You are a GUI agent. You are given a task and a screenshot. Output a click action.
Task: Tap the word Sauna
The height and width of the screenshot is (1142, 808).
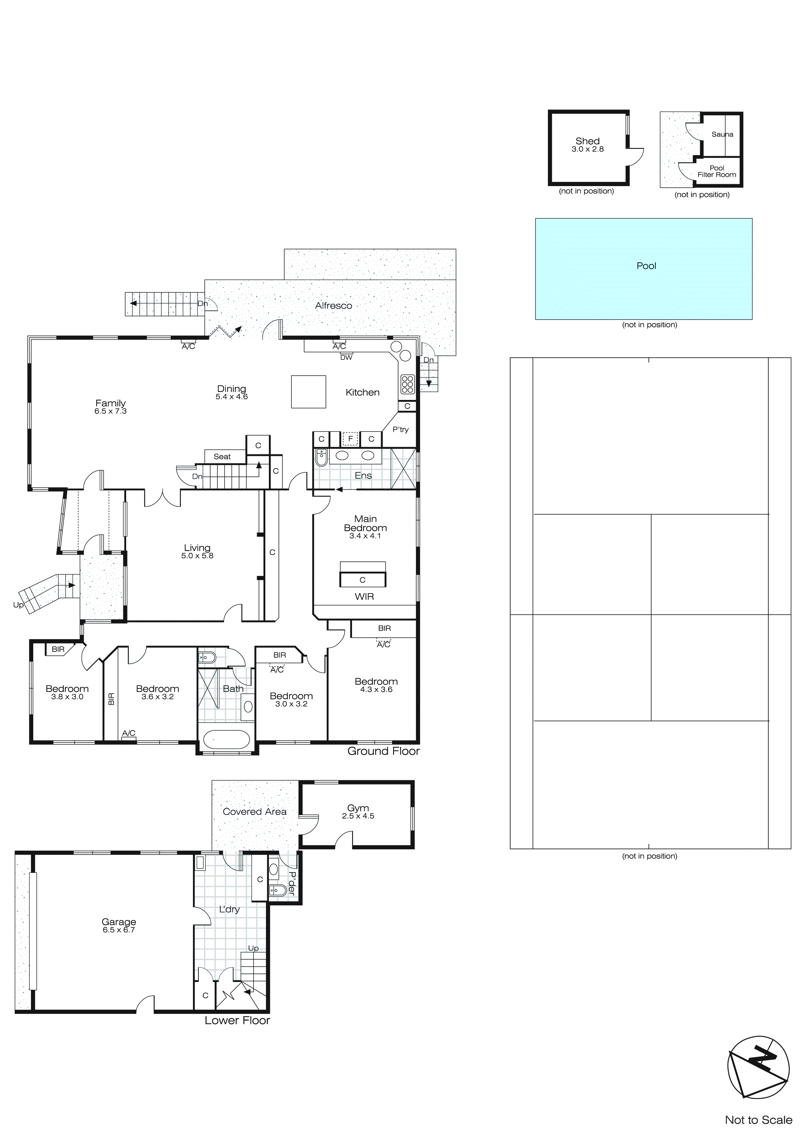pos(722,134)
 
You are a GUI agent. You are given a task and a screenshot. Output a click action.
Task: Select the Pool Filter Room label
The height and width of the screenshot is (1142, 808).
pos(716,172)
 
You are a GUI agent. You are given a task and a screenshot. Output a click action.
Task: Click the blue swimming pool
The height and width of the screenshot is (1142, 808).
pos(643,269)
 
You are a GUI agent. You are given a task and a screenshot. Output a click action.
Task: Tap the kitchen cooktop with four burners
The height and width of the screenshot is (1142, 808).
pos(407,384)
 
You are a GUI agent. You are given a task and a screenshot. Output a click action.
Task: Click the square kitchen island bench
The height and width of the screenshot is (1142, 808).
pos(308,392)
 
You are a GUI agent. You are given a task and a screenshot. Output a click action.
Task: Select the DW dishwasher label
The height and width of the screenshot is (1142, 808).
pos(346,358)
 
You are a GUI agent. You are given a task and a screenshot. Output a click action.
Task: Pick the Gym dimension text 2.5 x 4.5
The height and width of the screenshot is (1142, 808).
pos(358,816)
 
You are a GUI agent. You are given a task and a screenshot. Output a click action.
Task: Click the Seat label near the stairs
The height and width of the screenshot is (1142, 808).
pos(222,457)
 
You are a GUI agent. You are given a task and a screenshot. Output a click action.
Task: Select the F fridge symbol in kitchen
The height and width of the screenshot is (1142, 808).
pos(350,439)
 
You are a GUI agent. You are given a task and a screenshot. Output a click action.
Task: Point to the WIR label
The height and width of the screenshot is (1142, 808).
pos(364,596)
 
